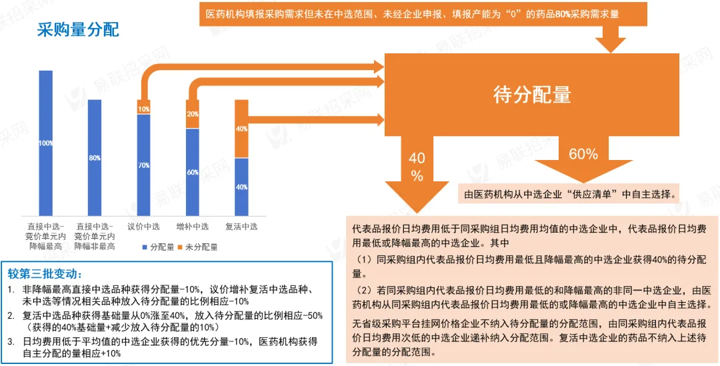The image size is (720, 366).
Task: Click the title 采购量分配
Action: click(x=78, y=30)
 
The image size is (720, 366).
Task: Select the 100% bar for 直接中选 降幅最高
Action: click(x=46, y=143)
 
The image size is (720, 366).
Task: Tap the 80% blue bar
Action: click(x=95, y=157)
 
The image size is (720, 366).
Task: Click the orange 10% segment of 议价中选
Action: click(x=143, y=109)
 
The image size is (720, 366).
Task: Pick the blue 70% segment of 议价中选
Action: click(x=143, y=164)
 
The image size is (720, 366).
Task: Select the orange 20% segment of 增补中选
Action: click(x=193, y=114)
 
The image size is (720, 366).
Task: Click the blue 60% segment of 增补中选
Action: click(x=193, y=171)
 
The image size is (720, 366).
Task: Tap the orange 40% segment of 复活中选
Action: click(x=241, y=129)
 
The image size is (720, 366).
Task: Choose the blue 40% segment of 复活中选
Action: click(x=241, y=186)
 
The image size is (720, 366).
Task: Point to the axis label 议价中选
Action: click(x=143, y=227)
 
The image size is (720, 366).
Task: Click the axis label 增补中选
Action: click(x=193, y=227)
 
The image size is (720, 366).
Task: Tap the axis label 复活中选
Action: click(x=241, y=227)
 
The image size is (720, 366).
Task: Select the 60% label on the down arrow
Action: click(x=583, y=154)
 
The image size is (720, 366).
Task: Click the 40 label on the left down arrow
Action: click(x=417, y=159)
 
